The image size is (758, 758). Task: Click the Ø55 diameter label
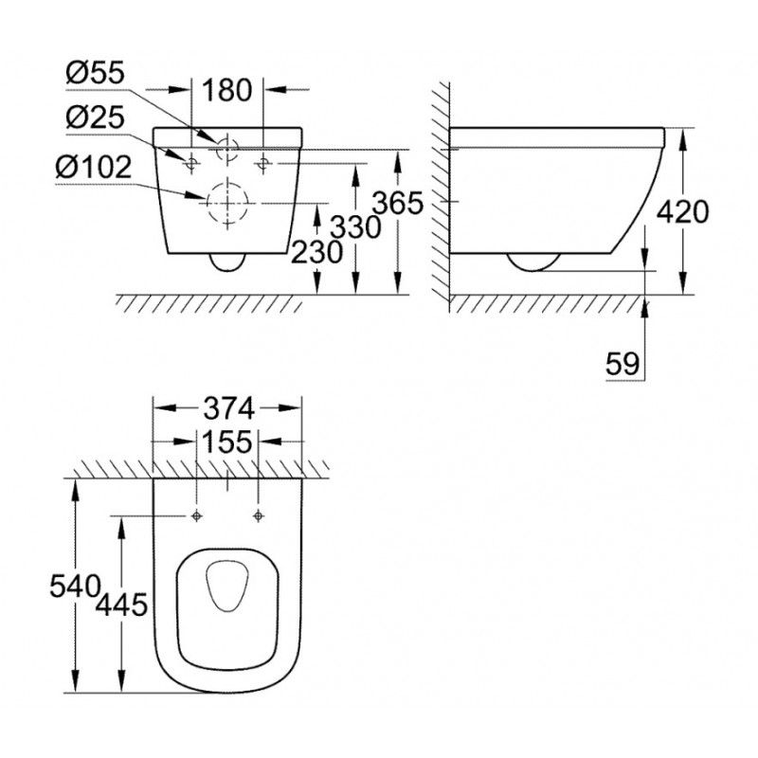pyautogui.click(x=96, y=73)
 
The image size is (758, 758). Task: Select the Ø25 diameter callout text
pyautogui.click(x=96, y=117)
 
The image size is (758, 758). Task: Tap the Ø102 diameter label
pyautogui.click(x=93, y=168)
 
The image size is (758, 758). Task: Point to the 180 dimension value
pyautogui.click(x=227, y=90)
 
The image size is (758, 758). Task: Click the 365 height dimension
pyautogui.click(x=399, y=203)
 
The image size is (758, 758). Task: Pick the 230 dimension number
pyautogui.click(x=317, y=252)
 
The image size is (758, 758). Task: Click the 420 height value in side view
pyautogui.click(x=683, y=211)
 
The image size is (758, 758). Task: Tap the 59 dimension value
pyautogui.click(x=623, y=364)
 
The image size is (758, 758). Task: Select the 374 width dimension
pyautogui.click(x=228, y=408)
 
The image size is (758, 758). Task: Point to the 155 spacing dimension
pyautogui.click(x=227, y=442)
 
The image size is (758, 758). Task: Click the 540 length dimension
pyautogui.click(x=75, y=587)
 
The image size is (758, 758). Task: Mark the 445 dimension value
pyautogui.click(x=121, y=605)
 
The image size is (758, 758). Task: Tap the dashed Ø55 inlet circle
pyautogui.click(x=227, y=137)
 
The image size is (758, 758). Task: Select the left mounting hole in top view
pyautogui.click(x=196, y=516)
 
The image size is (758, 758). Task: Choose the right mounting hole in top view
pyautogui.click(x=259, y=516)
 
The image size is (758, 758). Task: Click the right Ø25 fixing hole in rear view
pyautogui.click(x=263, y=163)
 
